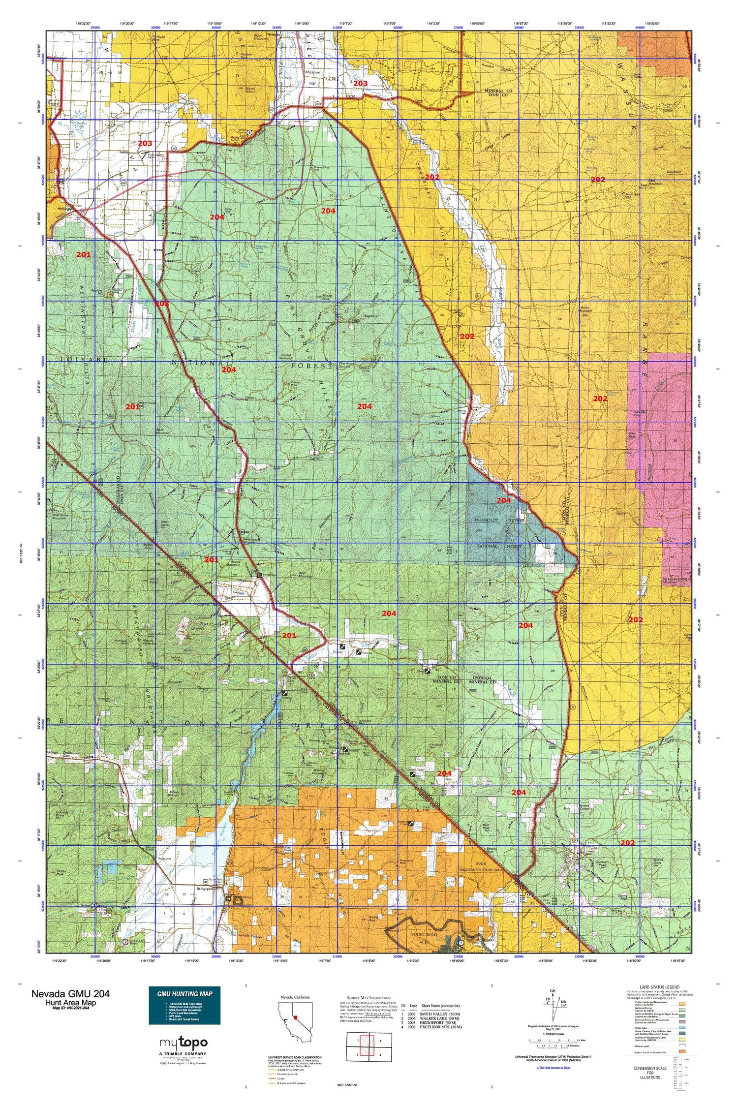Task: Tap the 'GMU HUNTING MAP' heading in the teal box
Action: [x=184, y=994]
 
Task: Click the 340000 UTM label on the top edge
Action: [x=640, y=28]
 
